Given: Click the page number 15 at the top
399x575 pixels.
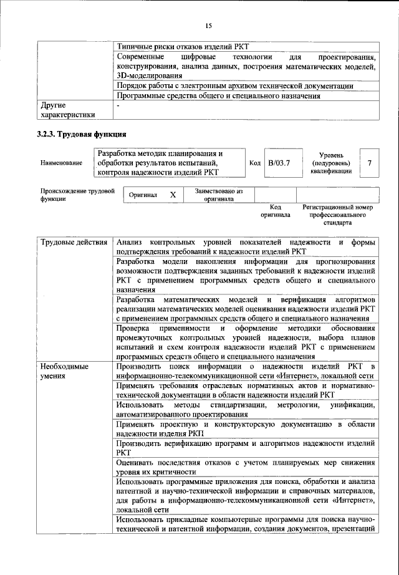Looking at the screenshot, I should [208, 26].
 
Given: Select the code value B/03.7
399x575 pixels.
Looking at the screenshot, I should [279, 163].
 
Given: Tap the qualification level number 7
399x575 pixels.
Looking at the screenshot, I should [370, 163].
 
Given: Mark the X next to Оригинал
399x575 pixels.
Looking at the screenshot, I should [173, 195].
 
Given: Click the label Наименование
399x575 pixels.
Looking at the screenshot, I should [61, 163].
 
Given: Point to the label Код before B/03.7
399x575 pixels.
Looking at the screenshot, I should [254, 163].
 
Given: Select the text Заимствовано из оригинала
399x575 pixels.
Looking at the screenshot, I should [218, 195].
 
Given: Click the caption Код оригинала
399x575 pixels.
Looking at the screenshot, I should [276, 211].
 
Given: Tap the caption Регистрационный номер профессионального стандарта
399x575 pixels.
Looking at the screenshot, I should [337, 215].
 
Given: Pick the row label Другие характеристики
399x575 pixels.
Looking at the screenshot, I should [67, 110].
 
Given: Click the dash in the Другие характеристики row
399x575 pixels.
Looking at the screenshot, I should [118, 106].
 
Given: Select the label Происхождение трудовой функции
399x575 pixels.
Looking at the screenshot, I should [77, 195].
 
